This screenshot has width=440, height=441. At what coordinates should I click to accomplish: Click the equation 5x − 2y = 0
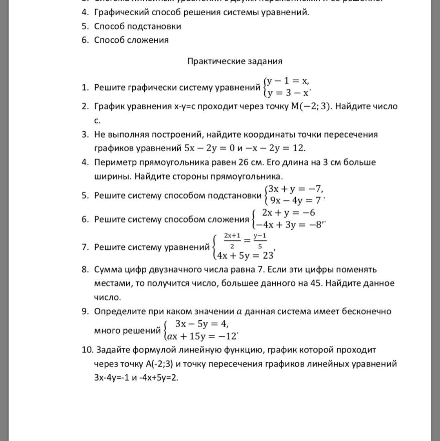pos(208,148)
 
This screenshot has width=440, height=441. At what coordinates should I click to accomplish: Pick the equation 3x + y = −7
pos(295,189)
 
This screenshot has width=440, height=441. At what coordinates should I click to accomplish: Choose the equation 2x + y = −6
pos(288,213)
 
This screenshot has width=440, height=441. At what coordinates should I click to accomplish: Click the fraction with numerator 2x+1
pos(232,241)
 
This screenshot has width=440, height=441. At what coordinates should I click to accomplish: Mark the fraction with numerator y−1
pos(260,241)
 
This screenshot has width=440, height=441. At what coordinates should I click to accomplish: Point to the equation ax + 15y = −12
pos(202,336)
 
